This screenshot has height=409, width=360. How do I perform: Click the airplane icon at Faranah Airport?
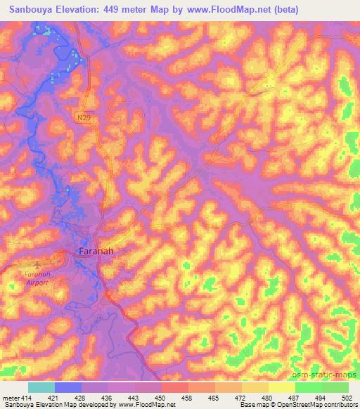coord(20,266)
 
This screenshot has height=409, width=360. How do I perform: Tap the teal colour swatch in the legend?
coord(41,387)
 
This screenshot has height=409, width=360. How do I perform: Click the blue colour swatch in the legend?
coord(68,387)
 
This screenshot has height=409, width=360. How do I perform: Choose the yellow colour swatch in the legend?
coord(281,387)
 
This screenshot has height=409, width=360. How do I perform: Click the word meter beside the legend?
coord(11,397)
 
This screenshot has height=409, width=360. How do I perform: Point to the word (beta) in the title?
coord(284,10)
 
